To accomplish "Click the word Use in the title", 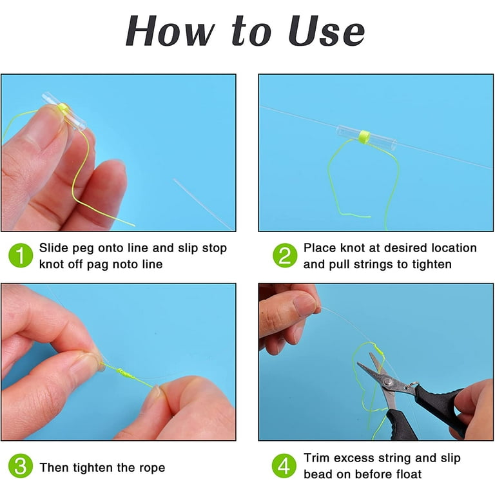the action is [326, 31].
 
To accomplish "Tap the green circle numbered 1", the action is [21, 255].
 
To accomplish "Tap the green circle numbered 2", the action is [285, 255].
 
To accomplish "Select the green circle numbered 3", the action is [21, 466].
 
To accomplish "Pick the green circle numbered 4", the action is [284, 466].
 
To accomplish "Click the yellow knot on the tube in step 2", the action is [364, 137].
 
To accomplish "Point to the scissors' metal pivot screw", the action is [387, 383].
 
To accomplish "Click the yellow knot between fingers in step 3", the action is [125, 373].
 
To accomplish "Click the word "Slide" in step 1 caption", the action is [53, 247].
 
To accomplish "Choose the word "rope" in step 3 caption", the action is [153, 468].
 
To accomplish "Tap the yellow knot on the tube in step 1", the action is [63, 109].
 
